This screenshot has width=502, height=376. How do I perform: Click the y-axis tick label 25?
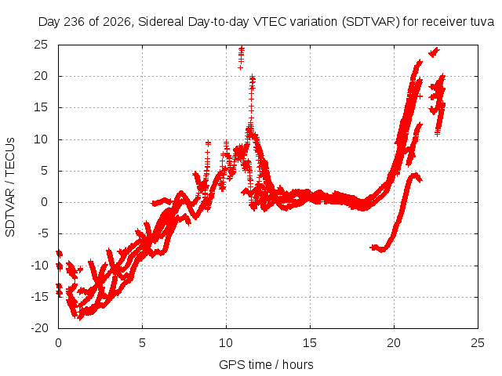click(41, 45)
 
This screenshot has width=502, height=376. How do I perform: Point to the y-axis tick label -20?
click(39, 328)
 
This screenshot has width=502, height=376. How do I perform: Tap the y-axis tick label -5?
click(43, 233)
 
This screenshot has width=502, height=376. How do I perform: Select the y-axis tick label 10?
click(41, 139)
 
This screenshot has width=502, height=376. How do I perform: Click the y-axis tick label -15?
click(39, 297)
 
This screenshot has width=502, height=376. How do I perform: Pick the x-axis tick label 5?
click(142, 343)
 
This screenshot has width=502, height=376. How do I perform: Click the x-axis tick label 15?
click(310, 343)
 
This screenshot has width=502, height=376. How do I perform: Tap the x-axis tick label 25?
click(478, 343)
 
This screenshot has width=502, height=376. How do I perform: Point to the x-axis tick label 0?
click(58, 343)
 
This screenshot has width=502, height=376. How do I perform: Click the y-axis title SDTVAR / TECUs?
click(10, 187)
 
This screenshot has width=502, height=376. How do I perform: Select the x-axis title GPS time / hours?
click(266, 364)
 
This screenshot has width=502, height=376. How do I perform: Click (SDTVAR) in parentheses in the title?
click(371, 22)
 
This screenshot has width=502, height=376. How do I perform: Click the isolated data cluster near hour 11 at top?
click(241, 57)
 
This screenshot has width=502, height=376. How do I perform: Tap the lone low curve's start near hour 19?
click(371, 248)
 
